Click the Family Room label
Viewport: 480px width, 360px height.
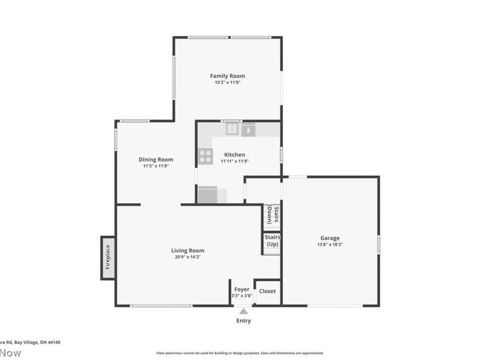tap(227, 76)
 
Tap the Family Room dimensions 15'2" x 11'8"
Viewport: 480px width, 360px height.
tap(227, 82)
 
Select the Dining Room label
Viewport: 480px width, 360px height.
tap(156, 160)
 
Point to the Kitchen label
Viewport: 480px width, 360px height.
tap(234, 155)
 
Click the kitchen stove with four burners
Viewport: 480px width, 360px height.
tap(205, 157)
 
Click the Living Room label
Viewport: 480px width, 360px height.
tap(188, 250)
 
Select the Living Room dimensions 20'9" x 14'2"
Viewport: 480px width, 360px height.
tap(188, 257)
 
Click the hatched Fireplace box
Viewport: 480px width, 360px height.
tap(107, 257)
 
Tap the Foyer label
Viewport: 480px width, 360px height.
tap(242, 289)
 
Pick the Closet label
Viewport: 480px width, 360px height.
tap(267, 291)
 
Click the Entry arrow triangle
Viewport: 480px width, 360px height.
tap(243, 311)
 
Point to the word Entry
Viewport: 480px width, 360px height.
tap(243, 321)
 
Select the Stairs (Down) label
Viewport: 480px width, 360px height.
tap(273, 215)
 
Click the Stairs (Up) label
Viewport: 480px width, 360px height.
tap(272, 241)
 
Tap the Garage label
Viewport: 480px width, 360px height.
tap(329, 238)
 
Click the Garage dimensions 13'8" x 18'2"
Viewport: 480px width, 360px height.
tap(329, 244)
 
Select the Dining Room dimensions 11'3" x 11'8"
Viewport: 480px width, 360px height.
tap(156, 166)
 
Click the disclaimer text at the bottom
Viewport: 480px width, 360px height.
tap(240, 353)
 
